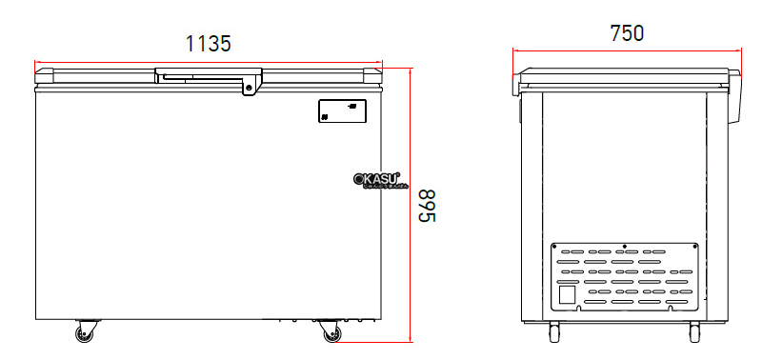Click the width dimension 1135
coord(209,42)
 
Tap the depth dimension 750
coord(627,32)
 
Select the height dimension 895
coord(428,206)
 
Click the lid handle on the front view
coord(209,74)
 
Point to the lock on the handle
coord(250,89)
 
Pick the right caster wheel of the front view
coord(330,333)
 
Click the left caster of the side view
coord(553,331)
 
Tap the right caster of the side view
coord(694,331)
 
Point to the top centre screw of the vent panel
coord(624,246)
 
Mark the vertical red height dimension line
coord(411,205)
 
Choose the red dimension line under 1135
coord(209,61)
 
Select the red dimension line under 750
coord(627,50)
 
